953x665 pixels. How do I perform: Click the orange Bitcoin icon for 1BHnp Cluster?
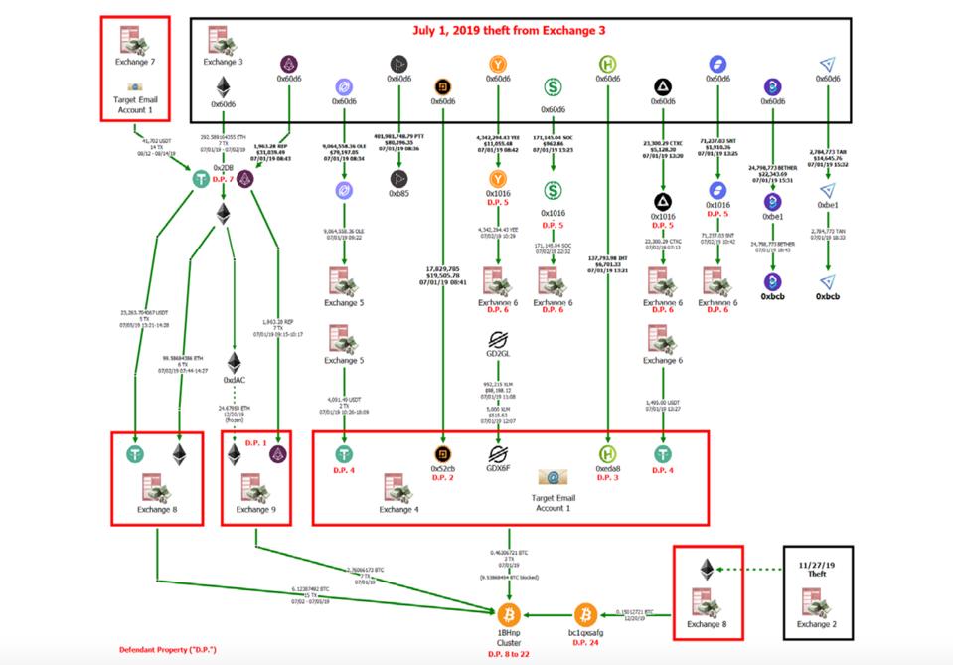pyautogui.click(x=509, y=614)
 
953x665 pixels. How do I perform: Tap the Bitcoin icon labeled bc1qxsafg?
pyautogui.click(x=587, y=614)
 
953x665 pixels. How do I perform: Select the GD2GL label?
pyautogui.click(x=498, y=352)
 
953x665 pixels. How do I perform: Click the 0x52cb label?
pyautogui.click(x=443, y=468)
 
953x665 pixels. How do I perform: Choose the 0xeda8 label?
pyautogui.click(x=608, y=468)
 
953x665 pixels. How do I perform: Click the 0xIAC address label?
pyautogui.click(x=235, y=380)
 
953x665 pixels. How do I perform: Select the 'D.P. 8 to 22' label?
pyautogui.click(x=509, y=653)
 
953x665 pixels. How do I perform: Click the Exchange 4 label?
pyautogui.click(x=398, y=510)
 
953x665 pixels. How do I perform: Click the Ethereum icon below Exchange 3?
pyautogui.click(x=224, y=87)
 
